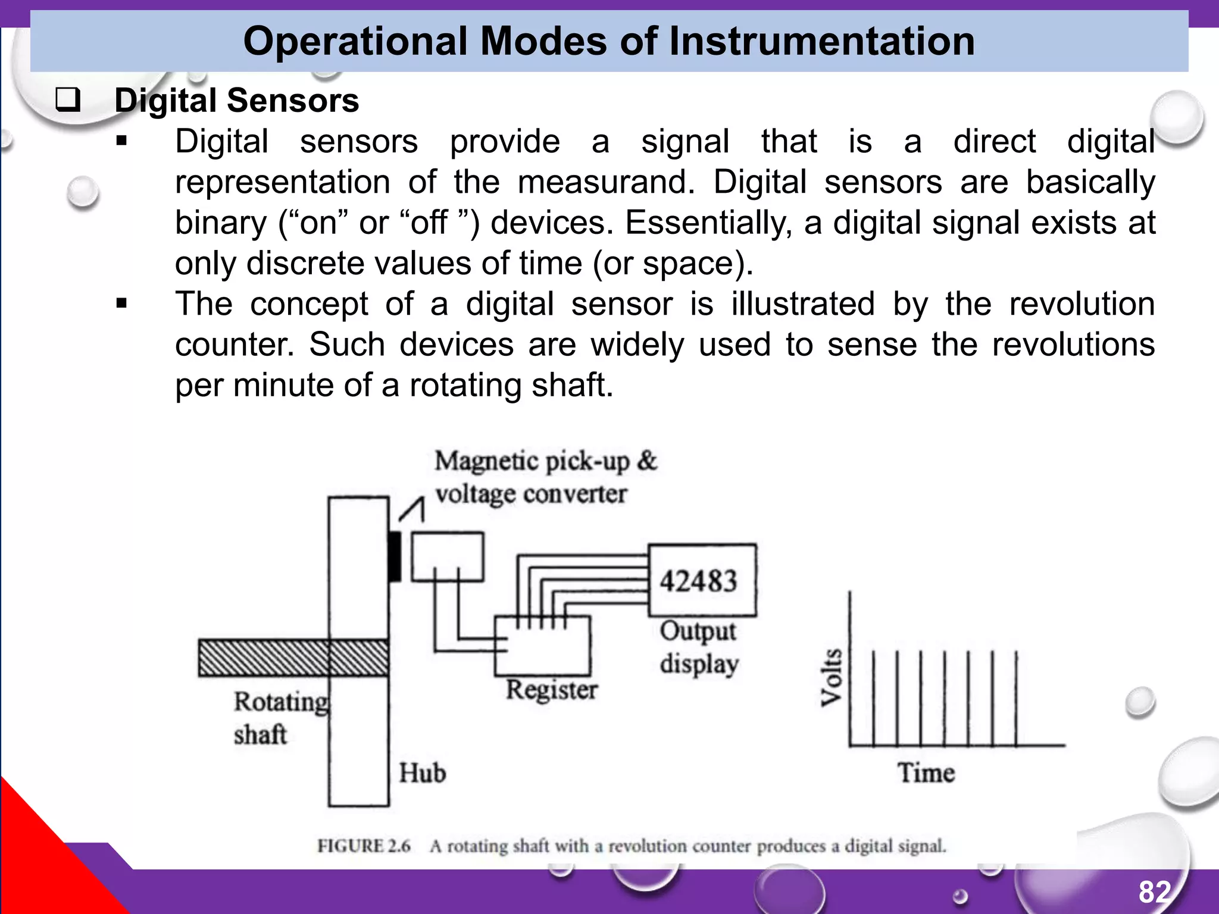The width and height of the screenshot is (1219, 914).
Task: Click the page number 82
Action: [x=1155, y=891]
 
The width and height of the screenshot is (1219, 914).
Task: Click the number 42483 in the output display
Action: [x=699, y=581]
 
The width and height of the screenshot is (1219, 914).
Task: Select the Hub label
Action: [x=422, y=773]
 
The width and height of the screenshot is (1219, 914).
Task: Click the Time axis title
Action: [x=926, y=773]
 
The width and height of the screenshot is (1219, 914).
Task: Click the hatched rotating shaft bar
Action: [x=293, y=658]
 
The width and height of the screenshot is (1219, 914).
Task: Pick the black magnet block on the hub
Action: [x=394, y=556]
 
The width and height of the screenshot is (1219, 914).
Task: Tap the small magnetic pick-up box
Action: [x=448, y=556]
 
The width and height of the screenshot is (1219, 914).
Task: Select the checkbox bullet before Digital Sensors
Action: [x=67, y=100]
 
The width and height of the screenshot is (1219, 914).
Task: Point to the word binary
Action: [x=221, y=223]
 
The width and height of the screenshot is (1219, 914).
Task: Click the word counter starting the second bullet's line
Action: [x=234, y=345]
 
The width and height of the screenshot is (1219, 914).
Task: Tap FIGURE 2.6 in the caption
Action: [x=364, y=846]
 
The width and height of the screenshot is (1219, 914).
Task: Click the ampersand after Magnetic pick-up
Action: [x=646, y=461]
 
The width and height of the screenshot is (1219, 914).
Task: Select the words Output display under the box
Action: [x=699, y=647]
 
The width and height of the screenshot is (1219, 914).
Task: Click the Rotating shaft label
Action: [x=280, y=718]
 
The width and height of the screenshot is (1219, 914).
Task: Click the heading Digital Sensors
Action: [x=237, y=100]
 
